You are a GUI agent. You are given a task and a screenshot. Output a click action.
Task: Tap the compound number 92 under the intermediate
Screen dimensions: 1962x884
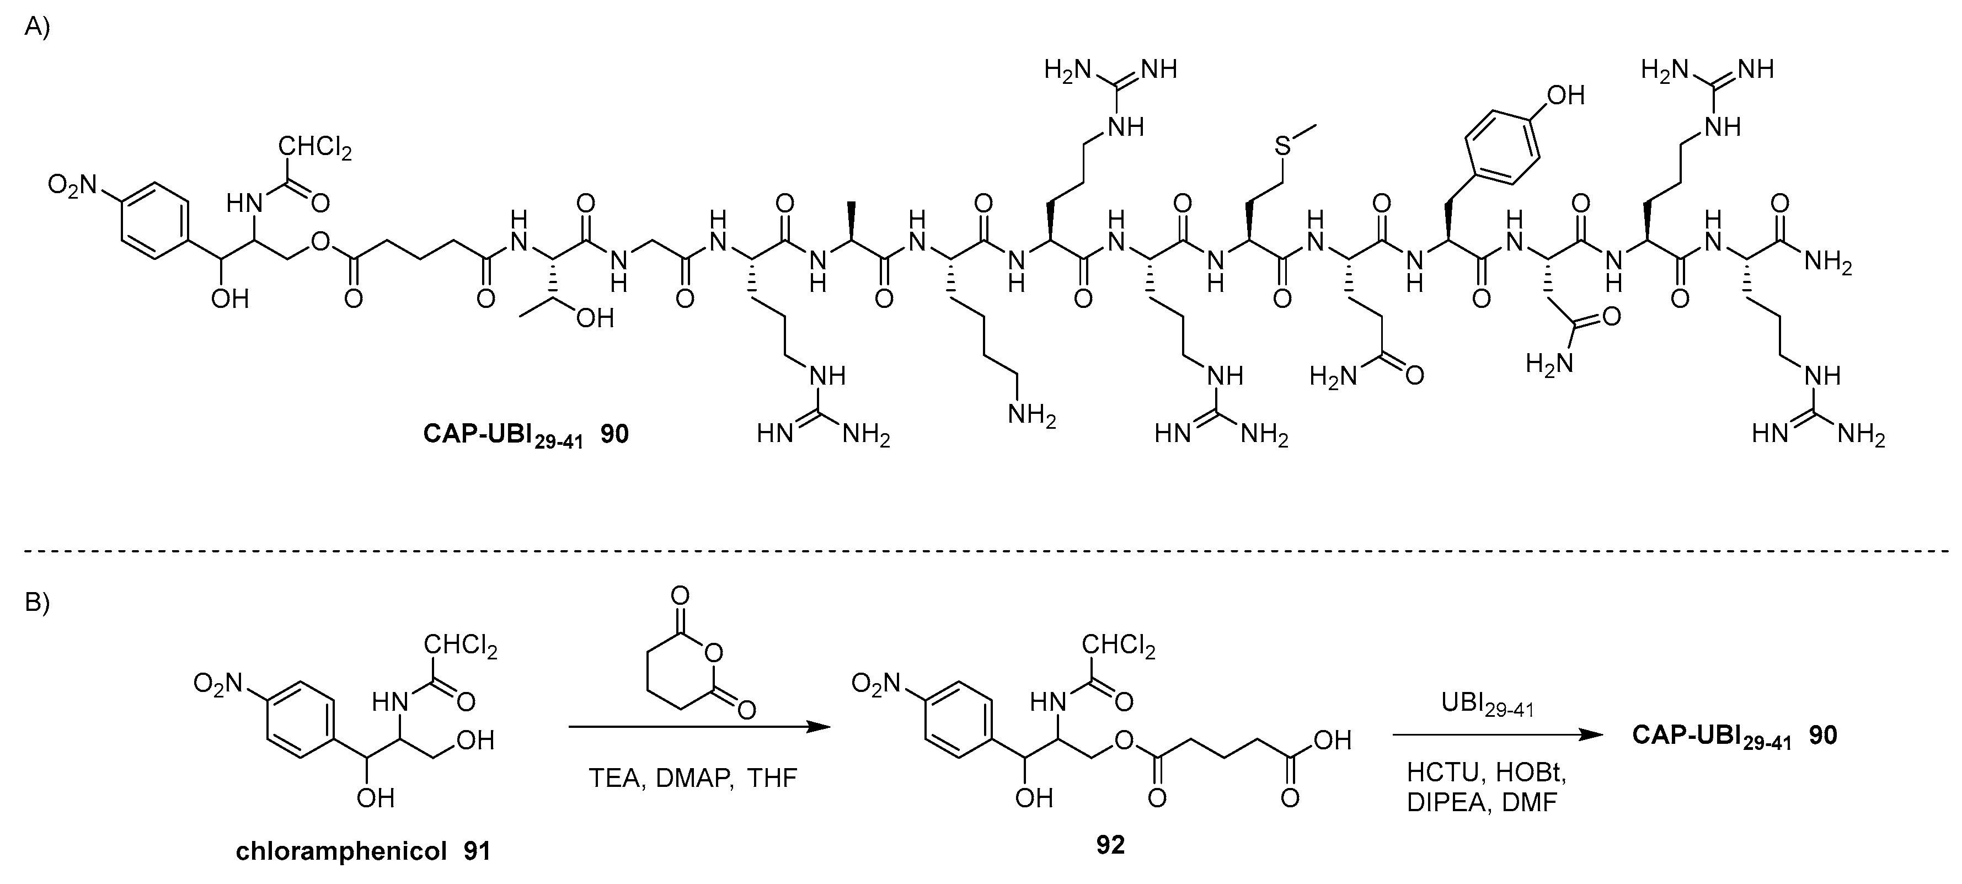[1110, 844]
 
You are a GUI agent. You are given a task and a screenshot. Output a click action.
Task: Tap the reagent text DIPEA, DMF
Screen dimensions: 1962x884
[1482, 802]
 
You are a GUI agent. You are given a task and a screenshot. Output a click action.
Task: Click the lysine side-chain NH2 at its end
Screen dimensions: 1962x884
[1032, 416]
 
